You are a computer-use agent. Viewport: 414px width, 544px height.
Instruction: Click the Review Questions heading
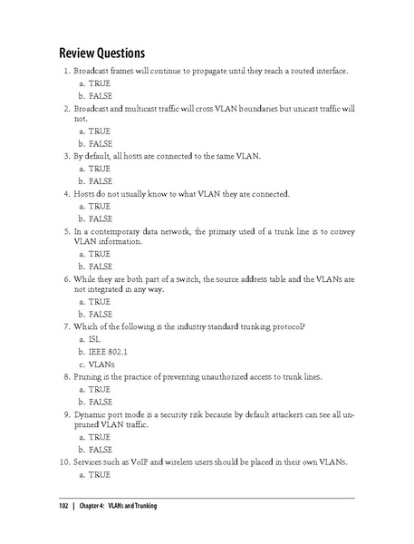(102, 51)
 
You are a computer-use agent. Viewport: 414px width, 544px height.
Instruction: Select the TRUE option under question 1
(97, 82)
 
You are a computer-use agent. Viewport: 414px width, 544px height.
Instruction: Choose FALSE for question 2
(99, 143)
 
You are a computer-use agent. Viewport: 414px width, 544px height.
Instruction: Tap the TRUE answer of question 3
(97, 169)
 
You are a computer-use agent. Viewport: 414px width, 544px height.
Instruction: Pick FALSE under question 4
(99, 219)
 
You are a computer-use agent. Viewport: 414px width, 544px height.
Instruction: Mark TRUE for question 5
(97, 255)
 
